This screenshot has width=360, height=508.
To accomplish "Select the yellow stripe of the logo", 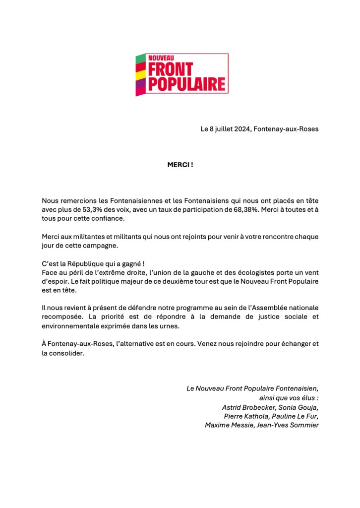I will click(141, 75).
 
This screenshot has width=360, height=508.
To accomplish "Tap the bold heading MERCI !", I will click(180, 165).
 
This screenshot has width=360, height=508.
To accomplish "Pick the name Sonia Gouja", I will click(299, 407).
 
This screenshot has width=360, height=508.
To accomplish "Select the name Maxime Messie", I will click(228, 425).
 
